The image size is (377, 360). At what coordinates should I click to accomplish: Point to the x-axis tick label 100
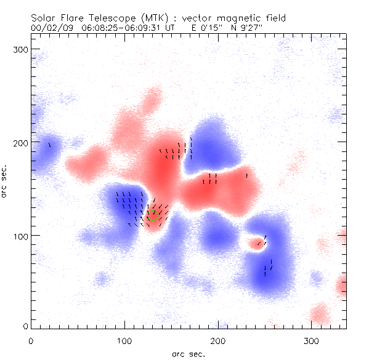click(x=124, y=340)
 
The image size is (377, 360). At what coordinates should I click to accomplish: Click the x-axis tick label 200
click(x=218, y=340)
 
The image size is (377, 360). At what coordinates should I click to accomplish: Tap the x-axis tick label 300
click(x=312, y=340)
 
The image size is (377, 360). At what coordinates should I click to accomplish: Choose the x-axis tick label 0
click(x=31, y=340)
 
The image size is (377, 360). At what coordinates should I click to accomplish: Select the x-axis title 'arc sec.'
click(x=188, y=353)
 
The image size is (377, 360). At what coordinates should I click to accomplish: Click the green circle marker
click(x=153, y=215)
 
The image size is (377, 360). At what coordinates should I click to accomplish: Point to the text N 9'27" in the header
click(x=230, y=28)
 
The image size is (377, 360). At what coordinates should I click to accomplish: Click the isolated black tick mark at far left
click(x=49, y=145)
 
